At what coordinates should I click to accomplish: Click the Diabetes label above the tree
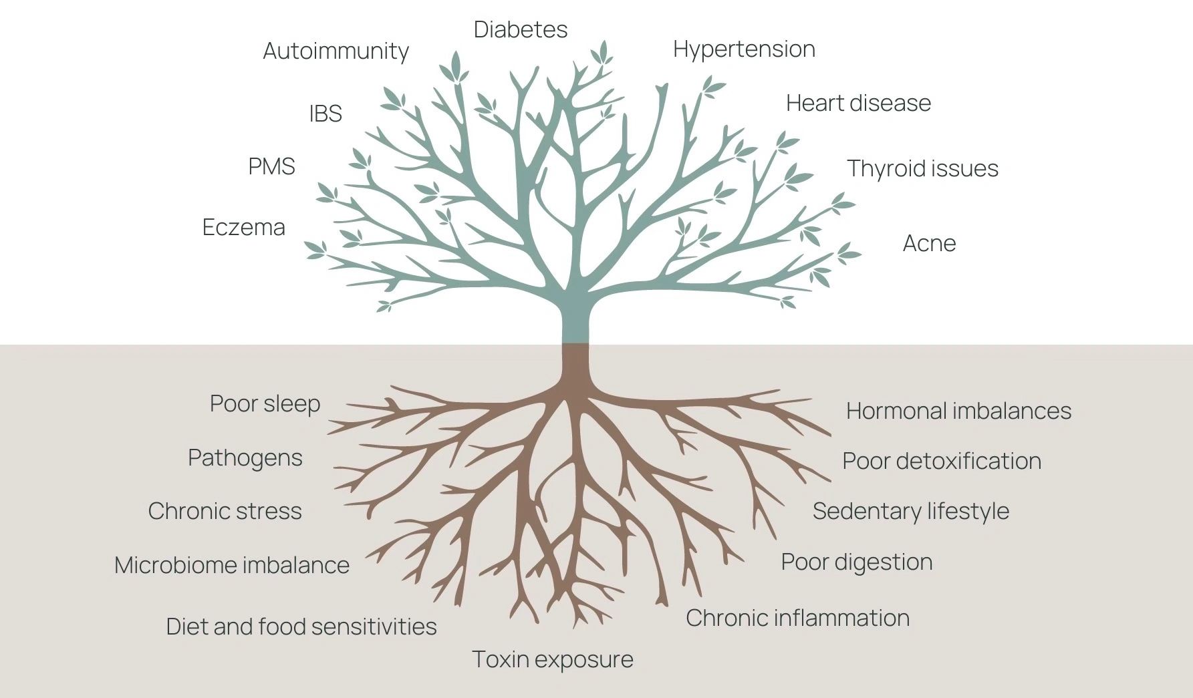point(521,29)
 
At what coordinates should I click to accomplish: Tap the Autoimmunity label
point(336,51)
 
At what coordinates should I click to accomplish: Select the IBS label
point(325,114)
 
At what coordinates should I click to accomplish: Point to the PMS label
point(271,166)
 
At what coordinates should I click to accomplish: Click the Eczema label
point(243,228)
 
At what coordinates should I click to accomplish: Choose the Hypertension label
point(744,49)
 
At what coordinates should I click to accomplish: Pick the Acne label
point(929,243)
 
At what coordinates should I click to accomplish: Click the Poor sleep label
point(265,404)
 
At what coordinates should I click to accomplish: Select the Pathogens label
point(245,458)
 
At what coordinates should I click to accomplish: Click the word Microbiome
point(174,565)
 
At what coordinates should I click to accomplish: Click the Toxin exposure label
point(553,659)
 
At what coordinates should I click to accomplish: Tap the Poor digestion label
point(856,562)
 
